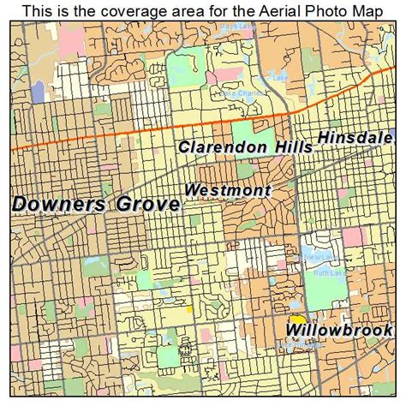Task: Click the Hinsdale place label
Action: (355, 137)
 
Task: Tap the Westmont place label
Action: (228, 190)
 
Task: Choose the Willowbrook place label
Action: (339, 329)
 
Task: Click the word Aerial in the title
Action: (266, 10)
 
